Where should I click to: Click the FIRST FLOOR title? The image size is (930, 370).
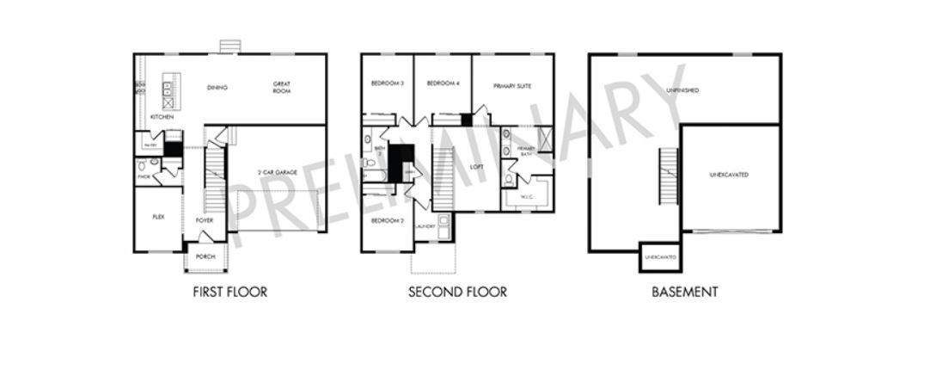[x=229, y=292]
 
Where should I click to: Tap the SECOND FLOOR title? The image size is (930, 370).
[x=457, y=292]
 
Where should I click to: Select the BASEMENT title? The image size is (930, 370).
[x=684, y=292]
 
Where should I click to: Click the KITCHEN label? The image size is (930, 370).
[x=162, y=117]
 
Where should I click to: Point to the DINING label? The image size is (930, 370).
[x=217, y=87]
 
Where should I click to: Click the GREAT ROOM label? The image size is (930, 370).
[x=282, y=87]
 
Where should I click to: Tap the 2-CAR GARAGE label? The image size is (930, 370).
[x=277, y=173]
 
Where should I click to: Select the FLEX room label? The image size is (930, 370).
[x=158, y=217]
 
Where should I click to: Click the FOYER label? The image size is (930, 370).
[x=204, y=220]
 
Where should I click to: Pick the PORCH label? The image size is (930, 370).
[x=205, y=256]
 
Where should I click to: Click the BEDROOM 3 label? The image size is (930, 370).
[x=387, y=83]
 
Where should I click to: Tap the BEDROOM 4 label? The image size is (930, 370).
[x=443, y=83]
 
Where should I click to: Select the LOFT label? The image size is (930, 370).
[x=477, y=166]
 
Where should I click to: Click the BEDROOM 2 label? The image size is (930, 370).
[x=387, y=220]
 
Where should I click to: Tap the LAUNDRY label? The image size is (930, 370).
[x=424, y=226]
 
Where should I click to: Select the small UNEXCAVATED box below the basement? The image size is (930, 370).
[x=659, y=257]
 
